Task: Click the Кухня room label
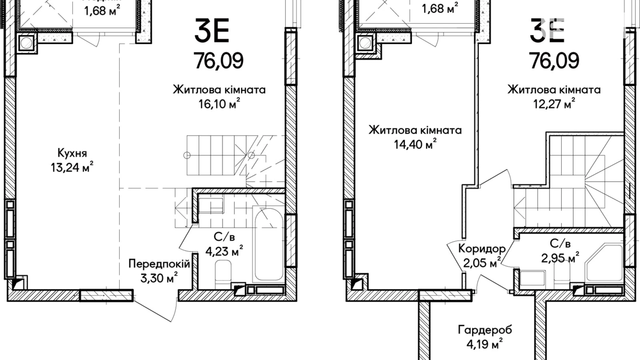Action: click(x=72, y=153)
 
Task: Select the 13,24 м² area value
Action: click(x=72, y=168)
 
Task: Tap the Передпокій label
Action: click(x=159, y=264)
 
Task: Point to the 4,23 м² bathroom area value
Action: click(x=224, y=251)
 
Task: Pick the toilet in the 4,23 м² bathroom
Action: click(x=223, y=273)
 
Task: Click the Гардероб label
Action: click(x=485, y=330)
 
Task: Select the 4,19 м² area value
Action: click(x=485, y=344)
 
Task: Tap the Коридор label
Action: click(x=482, y=248)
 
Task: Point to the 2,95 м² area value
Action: click(x=560, y=258)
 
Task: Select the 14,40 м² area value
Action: click(x=415, y=144)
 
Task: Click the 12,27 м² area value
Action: click(x=554, y=104)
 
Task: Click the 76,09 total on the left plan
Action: click(x=219, y=61)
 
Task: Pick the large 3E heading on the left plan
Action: click(x=212, y=30)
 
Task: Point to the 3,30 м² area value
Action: click(x=159, y=278)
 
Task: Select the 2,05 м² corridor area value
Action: click(x=482, y=263)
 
